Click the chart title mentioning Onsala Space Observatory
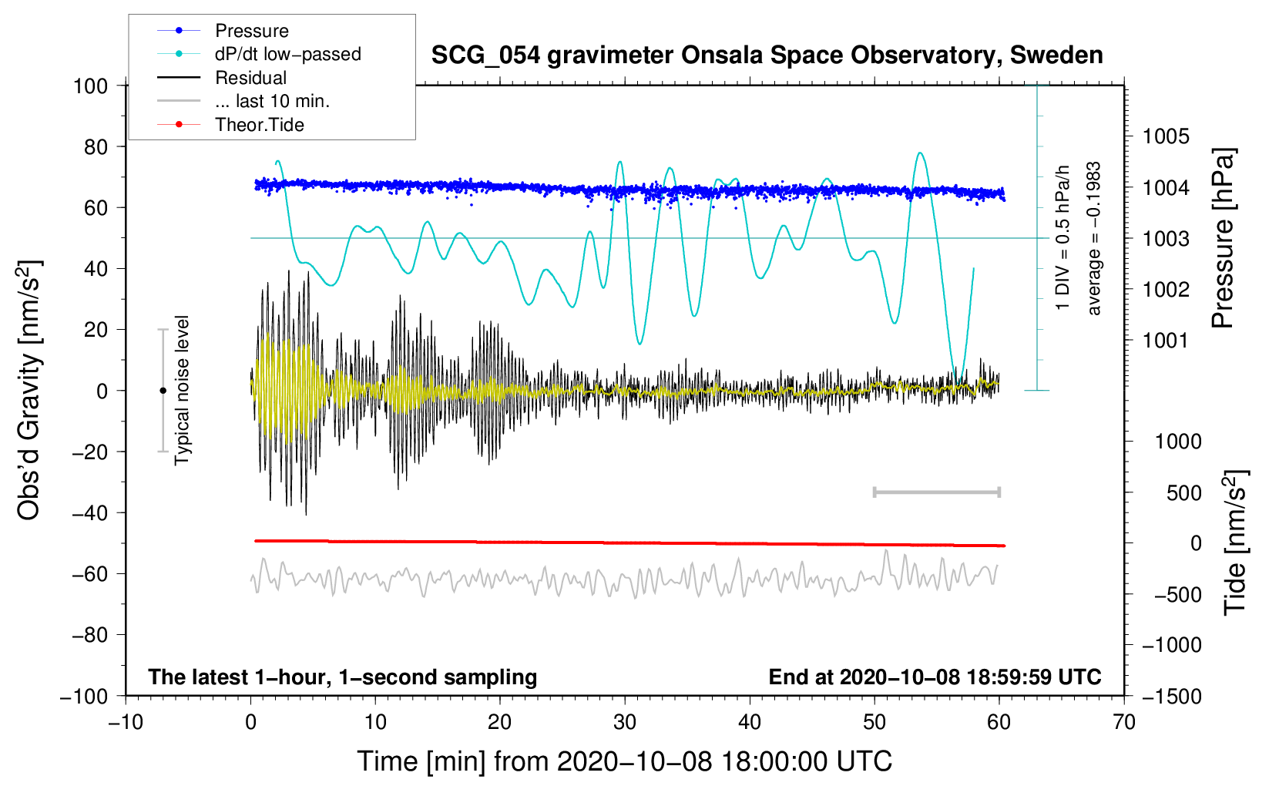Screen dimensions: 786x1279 [x=767, y=55]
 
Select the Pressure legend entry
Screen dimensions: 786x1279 [x=251, y=31]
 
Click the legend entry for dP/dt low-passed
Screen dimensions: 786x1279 [x=287, y=54]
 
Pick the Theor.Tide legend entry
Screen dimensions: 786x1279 [x=259, y=125]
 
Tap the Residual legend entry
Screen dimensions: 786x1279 [x=250, y=78]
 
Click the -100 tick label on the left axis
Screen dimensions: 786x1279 [x=85, y=696]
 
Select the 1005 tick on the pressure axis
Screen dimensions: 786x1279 [x=1165, y=136]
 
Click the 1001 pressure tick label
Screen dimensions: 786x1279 [x=1165, y=340]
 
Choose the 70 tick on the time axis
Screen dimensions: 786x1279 [x=1124, y=722]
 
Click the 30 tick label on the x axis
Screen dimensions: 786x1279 [x=625, y=722]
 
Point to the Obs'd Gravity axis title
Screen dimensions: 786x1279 [x=29, y=390]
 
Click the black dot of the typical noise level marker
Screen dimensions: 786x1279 [x=163, y=391]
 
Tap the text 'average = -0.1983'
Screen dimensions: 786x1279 [x=1094, y=238]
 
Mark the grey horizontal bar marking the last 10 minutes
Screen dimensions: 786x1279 [x=936, y=492]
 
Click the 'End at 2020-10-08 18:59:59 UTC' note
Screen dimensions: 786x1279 [x=935, y=677]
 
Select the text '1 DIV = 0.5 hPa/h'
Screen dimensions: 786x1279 [x=1063, y=238]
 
